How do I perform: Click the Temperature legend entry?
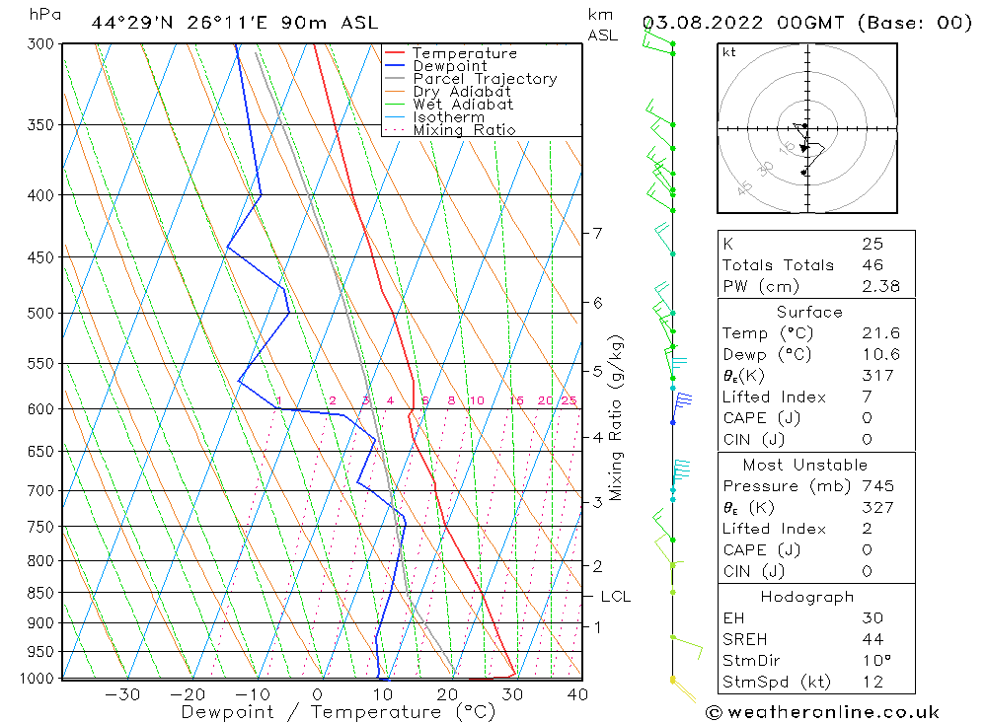click(x=464, y=53)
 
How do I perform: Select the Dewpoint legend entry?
click(x=449, y=66)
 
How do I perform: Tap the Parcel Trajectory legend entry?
click(x=485, y=79)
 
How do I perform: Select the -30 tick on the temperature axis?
click(x=122, y=694)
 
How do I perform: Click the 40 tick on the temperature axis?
click(x=577, y=694)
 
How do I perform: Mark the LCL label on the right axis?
click(x=615, y=597)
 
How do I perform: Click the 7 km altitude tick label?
click(x=597, y=233)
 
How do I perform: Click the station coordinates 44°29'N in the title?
click(x=130, y=22)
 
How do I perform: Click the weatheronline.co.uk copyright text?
click(x=822, y=711)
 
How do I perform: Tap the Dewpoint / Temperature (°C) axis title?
click(x=322, y=712)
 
